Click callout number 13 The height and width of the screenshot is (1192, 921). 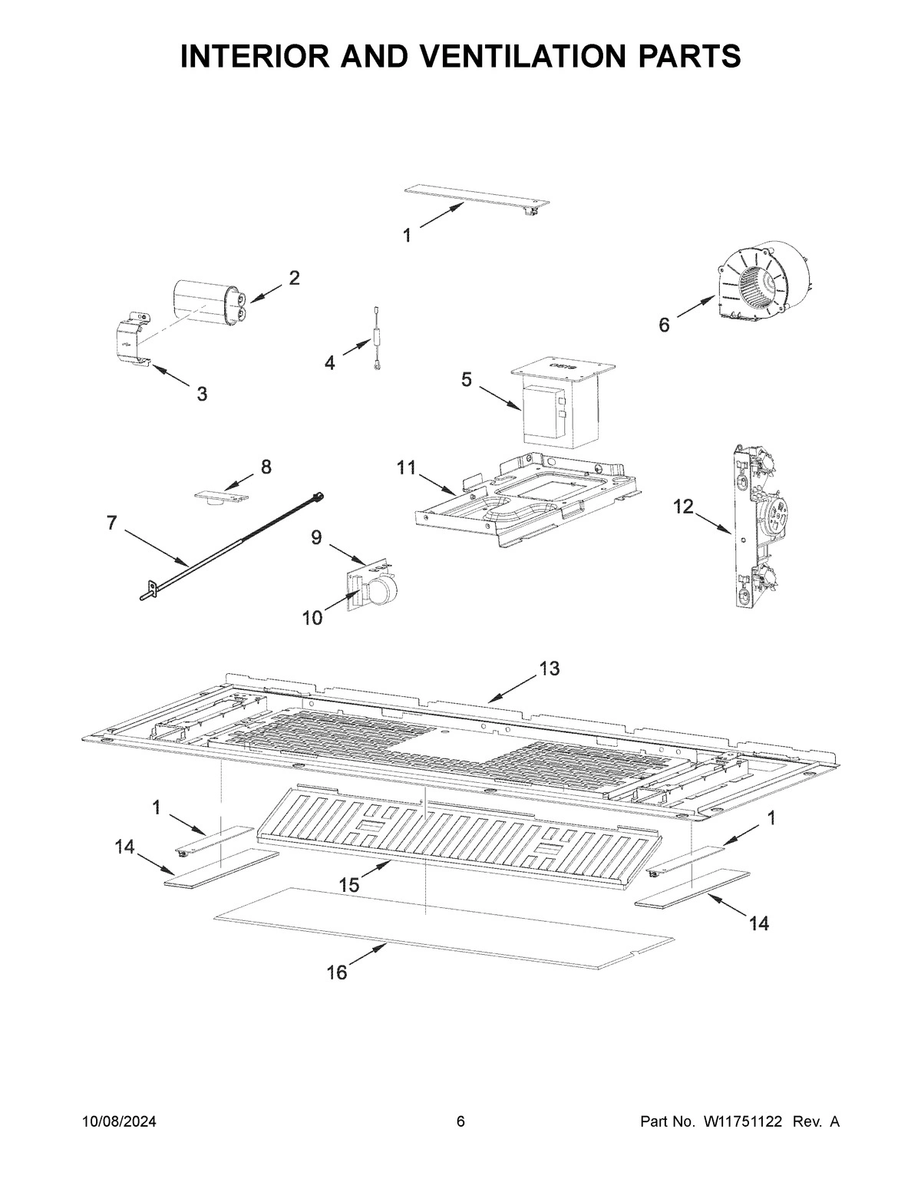coord(549,669)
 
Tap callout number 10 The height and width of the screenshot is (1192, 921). coord(312,618)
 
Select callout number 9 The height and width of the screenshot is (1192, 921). coord(316,537)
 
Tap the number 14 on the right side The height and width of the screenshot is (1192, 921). coord(758,924)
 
